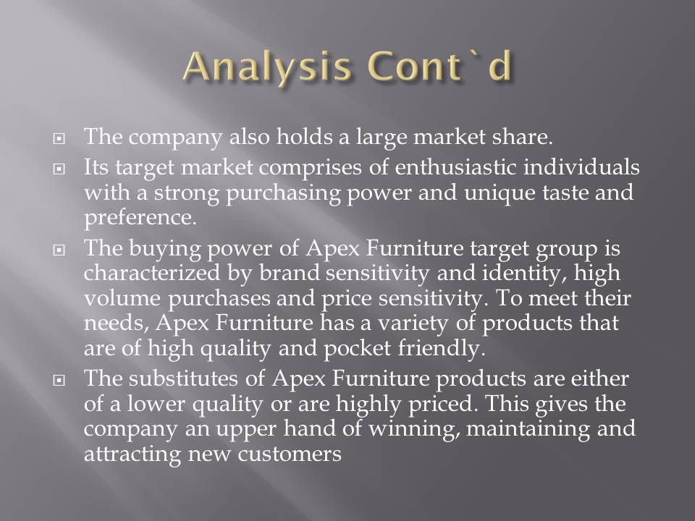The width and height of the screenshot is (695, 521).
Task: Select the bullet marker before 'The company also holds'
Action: click(x=59, y=139)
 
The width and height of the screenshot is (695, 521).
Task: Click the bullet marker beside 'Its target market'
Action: click(x=59, y=169)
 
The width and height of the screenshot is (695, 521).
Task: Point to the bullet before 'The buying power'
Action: click(x=59, y=250)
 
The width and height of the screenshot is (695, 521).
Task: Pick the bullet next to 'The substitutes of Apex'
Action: click(x=59, y=380)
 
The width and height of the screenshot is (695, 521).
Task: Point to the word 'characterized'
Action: click(x=152, y=273)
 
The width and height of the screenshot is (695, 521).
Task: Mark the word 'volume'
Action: click(x=122, y=298)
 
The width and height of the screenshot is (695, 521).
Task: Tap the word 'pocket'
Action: click(x=357, y=349)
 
